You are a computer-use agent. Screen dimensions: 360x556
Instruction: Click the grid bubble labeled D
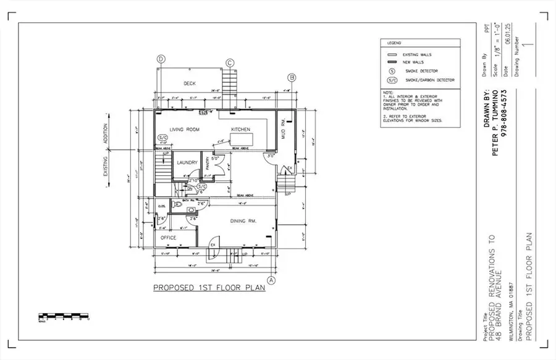pos(161,59)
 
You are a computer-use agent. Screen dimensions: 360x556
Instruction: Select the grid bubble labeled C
pos(230,62)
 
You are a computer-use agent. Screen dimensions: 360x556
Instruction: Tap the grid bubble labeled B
pos(292,77)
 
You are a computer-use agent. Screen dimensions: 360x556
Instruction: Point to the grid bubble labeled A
pos(271,279)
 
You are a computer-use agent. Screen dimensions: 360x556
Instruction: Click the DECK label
pos(190,83)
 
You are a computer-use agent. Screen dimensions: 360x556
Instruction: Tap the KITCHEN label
pos(240,129)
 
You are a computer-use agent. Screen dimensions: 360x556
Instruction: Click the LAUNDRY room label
pos(187,163)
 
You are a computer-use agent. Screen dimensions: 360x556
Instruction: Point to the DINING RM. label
pos(243,221)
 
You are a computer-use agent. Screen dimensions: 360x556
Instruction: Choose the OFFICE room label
pos(169,238)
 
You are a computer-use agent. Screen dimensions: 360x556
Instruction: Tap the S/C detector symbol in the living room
pos(163,137)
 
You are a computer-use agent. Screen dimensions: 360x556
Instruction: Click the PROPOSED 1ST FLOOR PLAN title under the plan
pos(209,288)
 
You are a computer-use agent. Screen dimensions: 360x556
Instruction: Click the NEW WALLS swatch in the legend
pos(391,63)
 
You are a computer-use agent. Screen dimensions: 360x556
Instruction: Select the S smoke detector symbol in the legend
pos(391,71)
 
